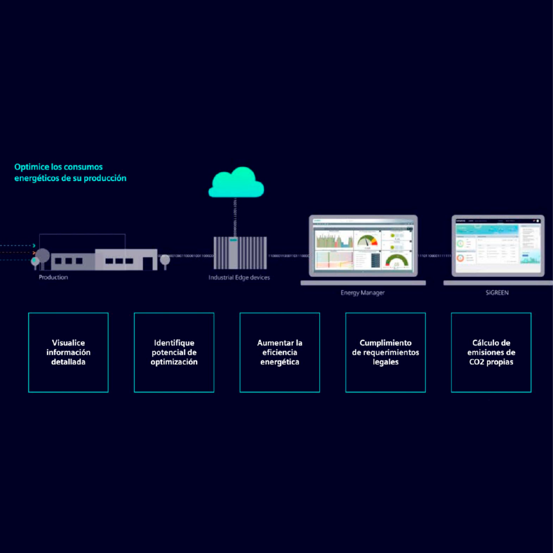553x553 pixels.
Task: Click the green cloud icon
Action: pos(237,183)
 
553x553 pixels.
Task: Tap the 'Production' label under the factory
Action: pos(53,277)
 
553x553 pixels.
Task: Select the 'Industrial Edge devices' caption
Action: pos(239,278)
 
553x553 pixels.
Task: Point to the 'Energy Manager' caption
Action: pos(362,293)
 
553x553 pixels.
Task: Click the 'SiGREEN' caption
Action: pos(497,293)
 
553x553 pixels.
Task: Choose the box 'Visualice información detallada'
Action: pos(68,352)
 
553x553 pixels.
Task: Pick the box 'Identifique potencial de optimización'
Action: pos(174,352)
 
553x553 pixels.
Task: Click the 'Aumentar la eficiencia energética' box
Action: pos(280,352)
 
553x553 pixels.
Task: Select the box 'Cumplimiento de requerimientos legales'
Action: pos(386,352)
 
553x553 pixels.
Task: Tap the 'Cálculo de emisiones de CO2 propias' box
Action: pos(491,352)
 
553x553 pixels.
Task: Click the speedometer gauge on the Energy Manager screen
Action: pos(367,240)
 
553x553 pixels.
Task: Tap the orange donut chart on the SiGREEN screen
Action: pos(460,258)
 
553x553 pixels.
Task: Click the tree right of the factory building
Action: pos(165,260)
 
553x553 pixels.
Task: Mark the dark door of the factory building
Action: pos(148,263)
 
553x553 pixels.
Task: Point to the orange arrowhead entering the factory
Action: pos(34,252)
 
